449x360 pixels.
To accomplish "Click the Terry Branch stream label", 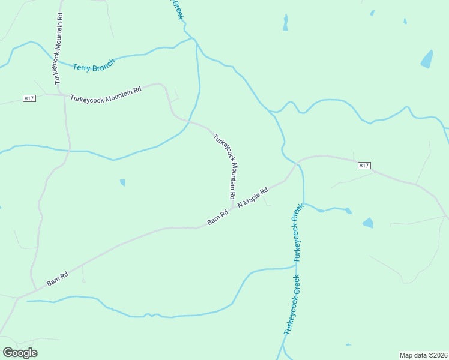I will [94, 66].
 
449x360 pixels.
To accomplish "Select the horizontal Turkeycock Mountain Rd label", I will [106, 94].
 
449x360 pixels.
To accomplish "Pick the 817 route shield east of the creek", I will [364, 166].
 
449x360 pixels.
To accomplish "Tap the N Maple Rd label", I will [253, 196].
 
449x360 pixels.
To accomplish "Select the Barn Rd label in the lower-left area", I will [58, 278].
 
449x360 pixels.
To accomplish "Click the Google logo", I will [20, 353].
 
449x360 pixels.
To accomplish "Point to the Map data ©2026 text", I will [423, 355].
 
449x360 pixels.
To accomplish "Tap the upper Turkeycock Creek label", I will [297, 233].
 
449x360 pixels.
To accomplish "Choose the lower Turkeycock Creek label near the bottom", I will [292, 305].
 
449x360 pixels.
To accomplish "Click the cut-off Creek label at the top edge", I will [176, 9].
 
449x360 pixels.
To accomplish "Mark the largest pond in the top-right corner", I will [427, 59].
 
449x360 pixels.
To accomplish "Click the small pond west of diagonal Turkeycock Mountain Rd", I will [122, 182].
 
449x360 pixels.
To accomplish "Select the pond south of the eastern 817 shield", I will [367, 223].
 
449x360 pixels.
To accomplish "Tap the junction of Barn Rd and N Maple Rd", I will [232, 209].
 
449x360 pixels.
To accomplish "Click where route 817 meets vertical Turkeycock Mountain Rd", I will [64, 95].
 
